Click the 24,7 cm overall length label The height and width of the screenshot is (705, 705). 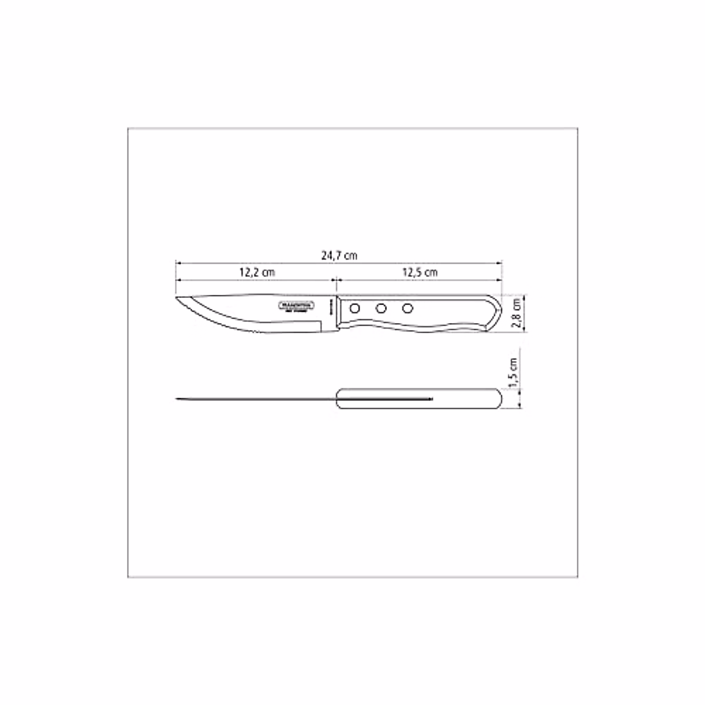(339, 256)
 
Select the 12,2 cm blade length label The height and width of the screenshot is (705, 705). (257, 273)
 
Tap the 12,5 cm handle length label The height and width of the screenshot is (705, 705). (419, 273)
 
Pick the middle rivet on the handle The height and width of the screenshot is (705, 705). (381, 308)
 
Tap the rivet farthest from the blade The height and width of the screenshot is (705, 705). (407, 308)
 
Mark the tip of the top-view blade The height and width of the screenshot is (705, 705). (176, 399)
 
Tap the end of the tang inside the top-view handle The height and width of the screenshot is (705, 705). (431, 399)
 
